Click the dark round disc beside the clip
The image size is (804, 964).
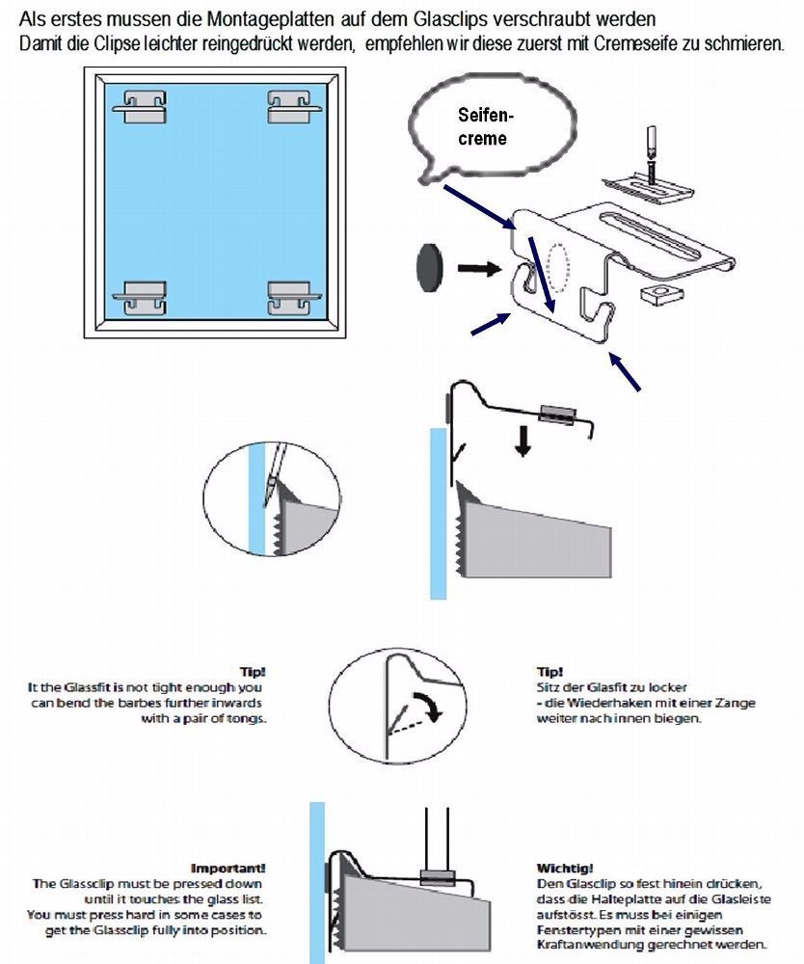[x=429, y=262]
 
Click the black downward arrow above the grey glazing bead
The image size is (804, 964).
[x=522, y=442]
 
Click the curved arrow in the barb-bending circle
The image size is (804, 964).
[x=425, y=705]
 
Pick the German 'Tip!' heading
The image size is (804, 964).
[x=549, y=671]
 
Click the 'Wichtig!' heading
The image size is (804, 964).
[x=564, y=867]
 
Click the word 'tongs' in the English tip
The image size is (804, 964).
[x=244, y=717]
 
